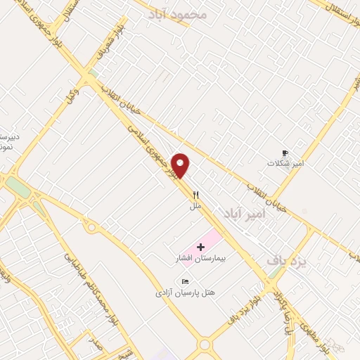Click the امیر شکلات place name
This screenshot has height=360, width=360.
point(285,162)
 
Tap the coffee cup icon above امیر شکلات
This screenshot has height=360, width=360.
point(285,153)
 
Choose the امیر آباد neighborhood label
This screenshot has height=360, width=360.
point(243,212)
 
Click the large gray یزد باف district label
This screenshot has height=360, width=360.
point(287,261)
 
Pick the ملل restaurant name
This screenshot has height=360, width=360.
point(196,206)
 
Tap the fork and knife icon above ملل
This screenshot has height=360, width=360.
point(197,195)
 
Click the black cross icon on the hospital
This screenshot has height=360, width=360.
point(201,247)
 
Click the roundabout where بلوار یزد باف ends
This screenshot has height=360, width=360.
point(205,345)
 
